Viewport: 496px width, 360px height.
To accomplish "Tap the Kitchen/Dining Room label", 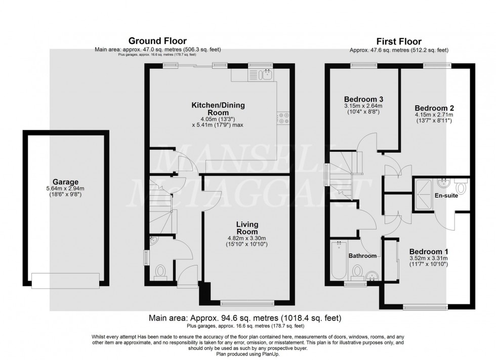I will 218,109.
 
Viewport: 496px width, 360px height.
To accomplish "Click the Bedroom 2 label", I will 434,108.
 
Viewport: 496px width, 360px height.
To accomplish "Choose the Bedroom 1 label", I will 429,251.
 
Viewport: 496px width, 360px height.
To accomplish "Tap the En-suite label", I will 446,195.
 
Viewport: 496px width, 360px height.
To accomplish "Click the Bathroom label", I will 362,256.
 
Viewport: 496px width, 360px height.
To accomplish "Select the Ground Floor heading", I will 157,40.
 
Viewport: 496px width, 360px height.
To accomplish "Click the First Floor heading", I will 399,41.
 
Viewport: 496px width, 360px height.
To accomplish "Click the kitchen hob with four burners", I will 282,117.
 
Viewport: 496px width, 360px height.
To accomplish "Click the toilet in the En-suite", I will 462,188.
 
